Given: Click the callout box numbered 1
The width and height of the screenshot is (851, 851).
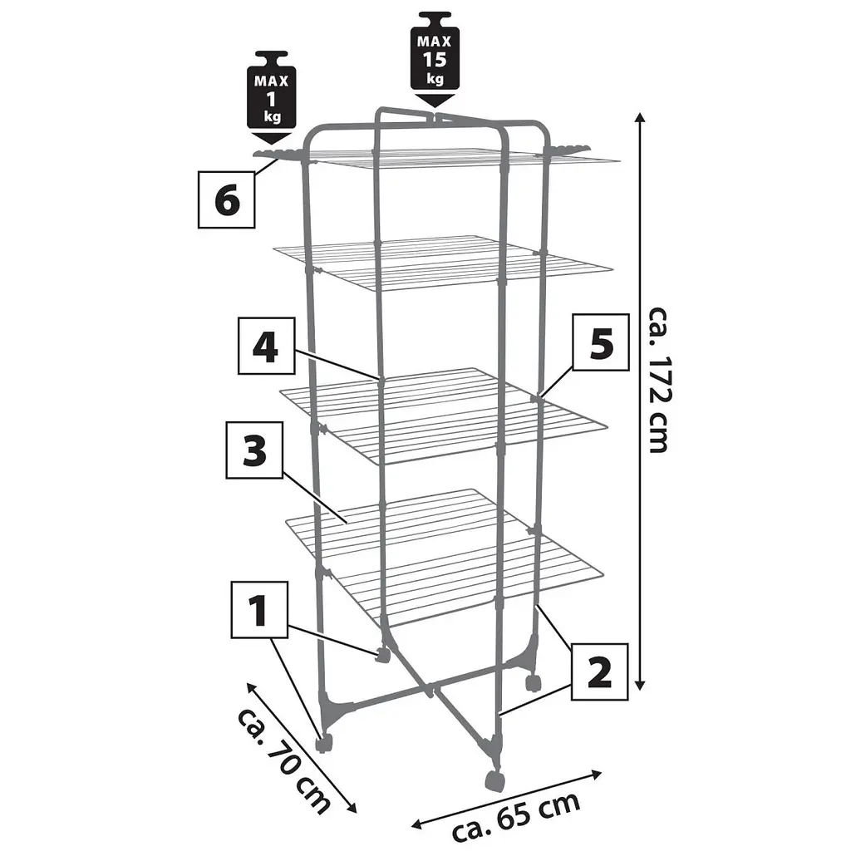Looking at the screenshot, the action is [259, 609].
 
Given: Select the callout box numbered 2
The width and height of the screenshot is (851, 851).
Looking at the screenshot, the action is [600, 671].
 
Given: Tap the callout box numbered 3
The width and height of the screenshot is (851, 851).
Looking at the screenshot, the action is [254, 450].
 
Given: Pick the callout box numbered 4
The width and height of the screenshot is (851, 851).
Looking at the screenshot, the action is [267, 346].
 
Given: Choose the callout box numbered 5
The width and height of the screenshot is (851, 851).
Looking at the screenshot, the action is [601, 342].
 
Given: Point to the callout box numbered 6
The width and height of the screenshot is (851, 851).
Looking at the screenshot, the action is [226, 199].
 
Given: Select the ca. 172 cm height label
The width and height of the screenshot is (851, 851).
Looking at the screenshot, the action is [660, 380].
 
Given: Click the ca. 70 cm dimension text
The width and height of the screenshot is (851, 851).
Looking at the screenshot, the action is [283, 760].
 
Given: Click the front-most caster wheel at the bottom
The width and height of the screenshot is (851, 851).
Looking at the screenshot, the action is [494, 782].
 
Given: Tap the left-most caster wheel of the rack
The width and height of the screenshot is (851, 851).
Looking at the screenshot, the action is [324, 742].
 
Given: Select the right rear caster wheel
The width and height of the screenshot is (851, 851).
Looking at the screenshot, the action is [533, 682].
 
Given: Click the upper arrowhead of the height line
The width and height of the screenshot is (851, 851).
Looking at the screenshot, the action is [640, 118].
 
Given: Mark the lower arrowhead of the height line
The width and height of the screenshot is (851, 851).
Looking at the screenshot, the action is [640, 685].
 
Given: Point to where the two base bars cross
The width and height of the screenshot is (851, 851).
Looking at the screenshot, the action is [430, 691].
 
